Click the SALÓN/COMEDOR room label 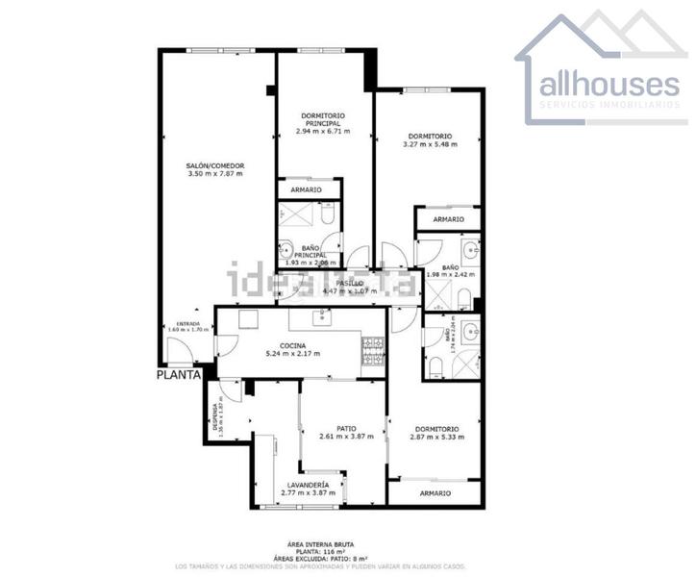click(214, 165)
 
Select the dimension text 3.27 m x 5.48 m click(429, 145)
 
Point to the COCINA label click(293, 345)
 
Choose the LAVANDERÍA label click(307, 485)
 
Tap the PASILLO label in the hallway click(349, 283)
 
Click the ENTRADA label click(187, 324)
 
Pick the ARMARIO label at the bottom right click(435, 492)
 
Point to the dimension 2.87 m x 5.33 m click(436, 438)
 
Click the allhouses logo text click(608, 85)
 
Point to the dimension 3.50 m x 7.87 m click(214, 174)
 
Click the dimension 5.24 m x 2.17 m click(293, 354)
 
